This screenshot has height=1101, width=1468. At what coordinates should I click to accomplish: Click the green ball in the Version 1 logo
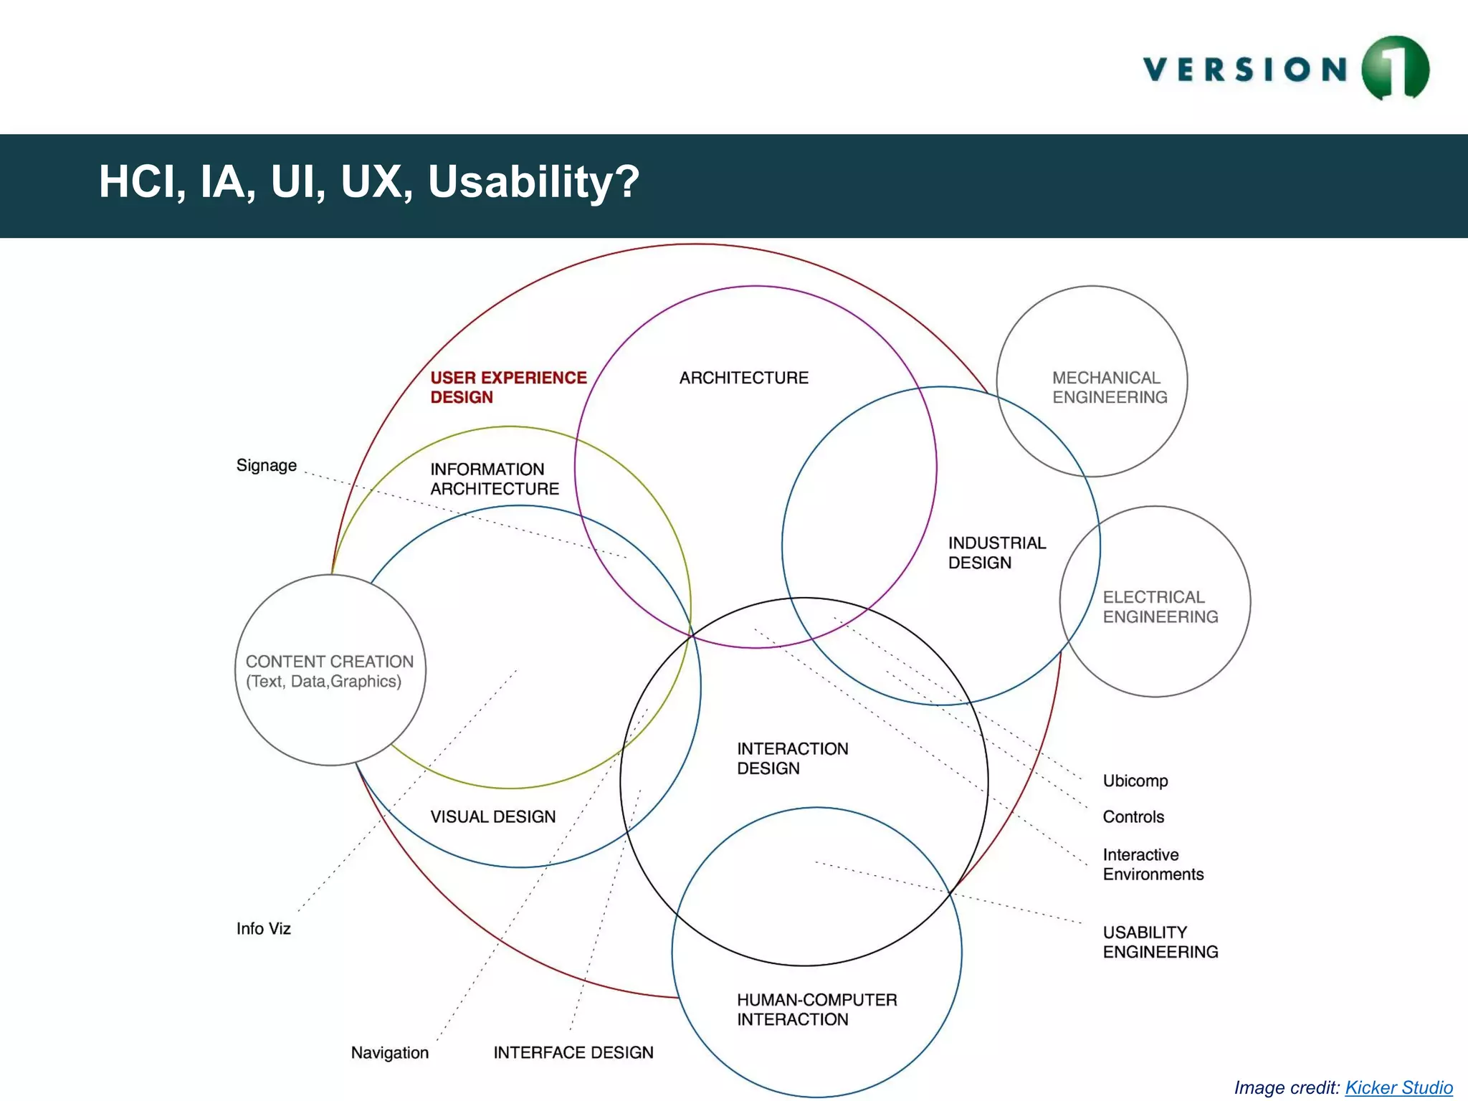click(x=1395, y=68)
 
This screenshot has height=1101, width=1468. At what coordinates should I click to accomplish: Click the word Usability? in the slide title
click(x=533, y=182)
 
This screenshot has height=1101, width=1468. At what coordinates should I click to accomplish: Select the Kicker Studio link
click(x=1398, y=1087)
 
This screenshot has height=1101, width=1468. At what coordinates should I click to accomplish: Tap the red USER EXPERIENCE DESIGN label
click(x=507, y=387)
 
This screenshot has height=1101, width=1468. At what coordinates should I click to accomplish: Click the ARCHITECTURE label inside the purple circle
click(x=743, y=378)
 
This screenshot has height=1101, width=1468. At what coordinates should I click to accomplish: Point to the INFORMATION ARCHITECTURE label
click(x=494, y=479)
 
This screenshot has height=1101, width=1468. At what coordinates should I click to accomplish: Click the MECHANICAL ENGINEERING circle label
click(x=1109, y=387)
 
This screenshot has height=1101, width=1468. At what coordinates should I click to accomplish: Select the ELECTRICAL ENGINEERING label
click(x=1159, y=606)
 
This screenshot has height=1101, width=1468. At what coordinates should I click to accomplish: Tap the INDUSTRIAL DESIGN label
click(x=996, y=553)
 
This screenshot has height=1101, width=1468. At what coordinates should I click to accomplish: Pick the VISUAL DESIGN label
click(x=492, y=816)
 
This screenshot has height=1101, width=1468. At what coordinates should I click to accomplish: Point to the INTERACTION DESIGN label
click(x=792, y=758)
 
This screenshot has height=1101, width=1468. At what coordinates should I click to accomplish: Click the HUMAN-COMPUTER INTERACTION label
click(x=816, y=1009)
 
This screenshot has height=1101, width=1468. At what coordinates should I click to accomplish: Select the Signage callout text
click(x=266, y=465)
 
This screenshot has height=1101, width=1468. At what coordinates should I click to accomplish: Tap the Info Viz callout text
click(x=263, y=928)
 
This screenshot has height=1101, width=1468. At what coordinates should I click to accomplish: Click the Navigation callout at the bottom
click(x=389, y=1052)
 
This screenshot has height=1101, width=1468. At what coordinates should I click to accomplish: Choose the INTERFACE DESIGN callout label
click(x=573, y=1052)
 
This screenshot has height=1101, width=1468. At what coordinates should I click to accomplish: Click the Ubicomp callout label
click(x=1135, y=781)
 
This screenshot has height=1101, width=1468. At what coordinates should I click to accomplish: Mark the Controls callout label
click(x=1133, y=816)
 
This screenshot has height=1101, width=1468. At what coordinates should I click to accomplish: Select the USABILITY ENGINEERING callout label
click(x=1159, y=942)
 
